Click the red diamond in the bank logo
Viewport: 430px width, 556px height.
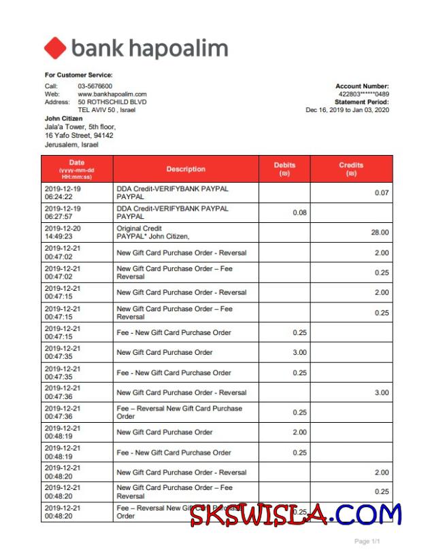[55, 48]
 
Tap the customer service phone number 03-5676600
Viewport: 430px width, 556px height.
[95, 86]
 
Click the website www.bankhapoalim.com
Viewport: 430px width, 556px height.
[112, 94]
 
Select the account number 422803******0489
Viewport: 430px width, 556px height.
[364, 94]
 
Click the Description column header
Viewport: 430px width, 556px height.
[186, 169]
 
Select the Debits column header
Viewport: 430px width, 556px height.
[284, 169]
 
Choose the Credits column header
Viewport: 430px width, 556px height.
[351, 169]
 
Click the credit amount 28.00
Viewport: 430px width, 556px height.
[380, 232]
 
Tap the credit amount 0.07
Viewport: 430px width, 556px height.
[382, 193]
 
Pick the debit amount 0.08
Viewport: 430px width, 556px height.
[299, 213]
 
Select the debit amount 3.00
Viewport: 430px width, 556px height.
[299, 353]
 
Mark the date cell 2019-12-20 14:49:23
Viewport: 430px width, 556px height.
[63, 232]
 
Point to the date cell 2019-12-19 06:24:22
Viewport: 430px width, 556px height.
[63, 192]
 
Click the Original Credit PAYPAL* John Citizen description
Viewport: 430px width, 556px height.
[153, 232]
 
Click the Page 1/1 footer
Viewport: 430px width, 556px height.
[367, 542]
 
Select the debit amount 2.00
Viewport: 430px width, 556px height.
[299, 432]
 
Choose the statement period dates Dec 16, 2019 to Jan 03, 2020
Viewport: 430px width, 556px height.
[347, 110]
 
